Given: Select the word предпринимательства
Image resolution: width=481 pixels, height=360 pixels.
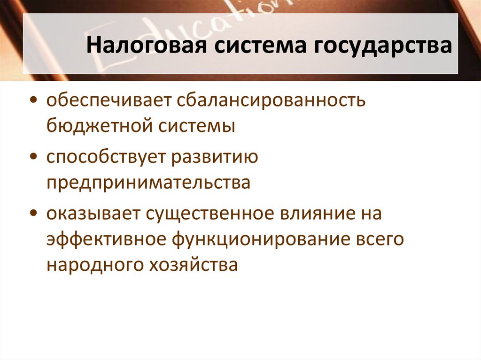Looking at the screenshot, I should click(x=148, y=183).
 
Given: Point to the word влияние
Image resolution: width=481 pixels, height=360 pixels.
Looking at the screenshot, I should click(x=317, y=214).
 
